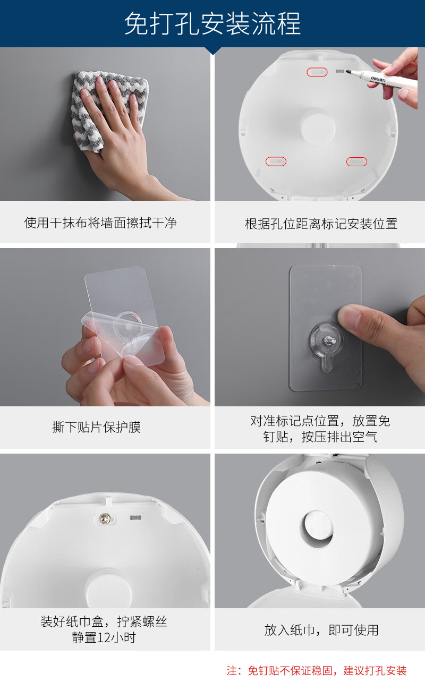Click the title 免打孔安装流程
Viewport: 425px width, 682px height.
212,24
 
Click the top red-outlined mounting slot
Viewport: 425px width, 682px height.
317,72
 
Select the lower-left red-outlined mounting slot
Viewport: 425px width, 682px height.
276,161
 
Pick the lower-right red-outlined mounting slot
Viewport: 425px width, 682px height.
356,161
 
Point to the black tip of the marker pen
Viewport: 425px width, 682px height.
348,72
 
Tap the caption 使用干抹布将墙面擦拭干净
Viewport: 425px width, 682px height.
100,223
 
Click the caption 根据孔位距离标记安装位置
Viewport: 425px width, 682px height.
321,224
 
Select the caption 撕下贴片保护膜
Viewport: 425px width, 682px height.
96,427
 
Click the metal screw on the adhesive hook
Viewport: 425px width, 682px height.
329,340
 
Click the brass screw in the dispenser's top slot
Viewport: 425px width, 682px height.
105,518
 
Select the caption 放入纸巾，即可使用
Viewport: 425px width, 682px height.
321,630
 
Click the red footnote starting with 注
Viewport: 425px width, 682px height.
317,671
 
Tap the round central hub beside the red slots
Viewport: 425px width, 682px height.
318,126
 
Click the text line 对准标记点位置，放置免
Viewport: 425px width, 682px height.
320,421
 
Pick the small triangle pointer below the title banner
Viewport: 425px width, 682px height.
213,51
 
